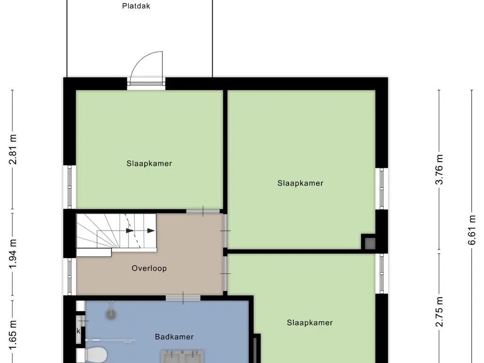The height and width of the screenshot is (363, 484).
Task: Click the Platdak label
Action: click(136, 7)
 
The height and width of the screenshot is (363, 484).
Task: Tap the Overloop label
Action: click(149, 268)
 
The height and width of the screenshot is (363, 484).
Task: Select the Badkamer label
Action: click(174, 337)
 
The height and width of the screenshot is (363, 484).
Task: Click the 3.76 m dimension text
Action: click(440, 169)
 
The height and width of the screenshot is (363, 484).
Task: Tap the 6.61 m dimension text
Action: click(472, 230)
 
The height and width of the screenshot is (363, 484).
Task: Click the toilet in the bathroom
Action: click(96, 355)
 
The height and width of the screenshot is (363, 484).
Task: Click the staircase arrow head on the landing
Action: click(150, 231)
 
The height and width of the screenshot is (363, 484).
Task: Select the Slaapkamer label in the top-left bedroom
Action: click(149, 164)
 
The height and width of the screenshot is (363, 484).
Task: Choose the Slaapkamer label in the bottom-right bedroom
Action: click(310, 323)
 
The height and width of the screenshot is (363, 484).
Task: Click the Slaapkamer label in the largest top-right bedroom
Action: click(300, 183)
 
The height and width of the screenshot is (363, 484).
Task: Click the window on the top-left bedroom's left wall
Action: click(70, 187)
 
